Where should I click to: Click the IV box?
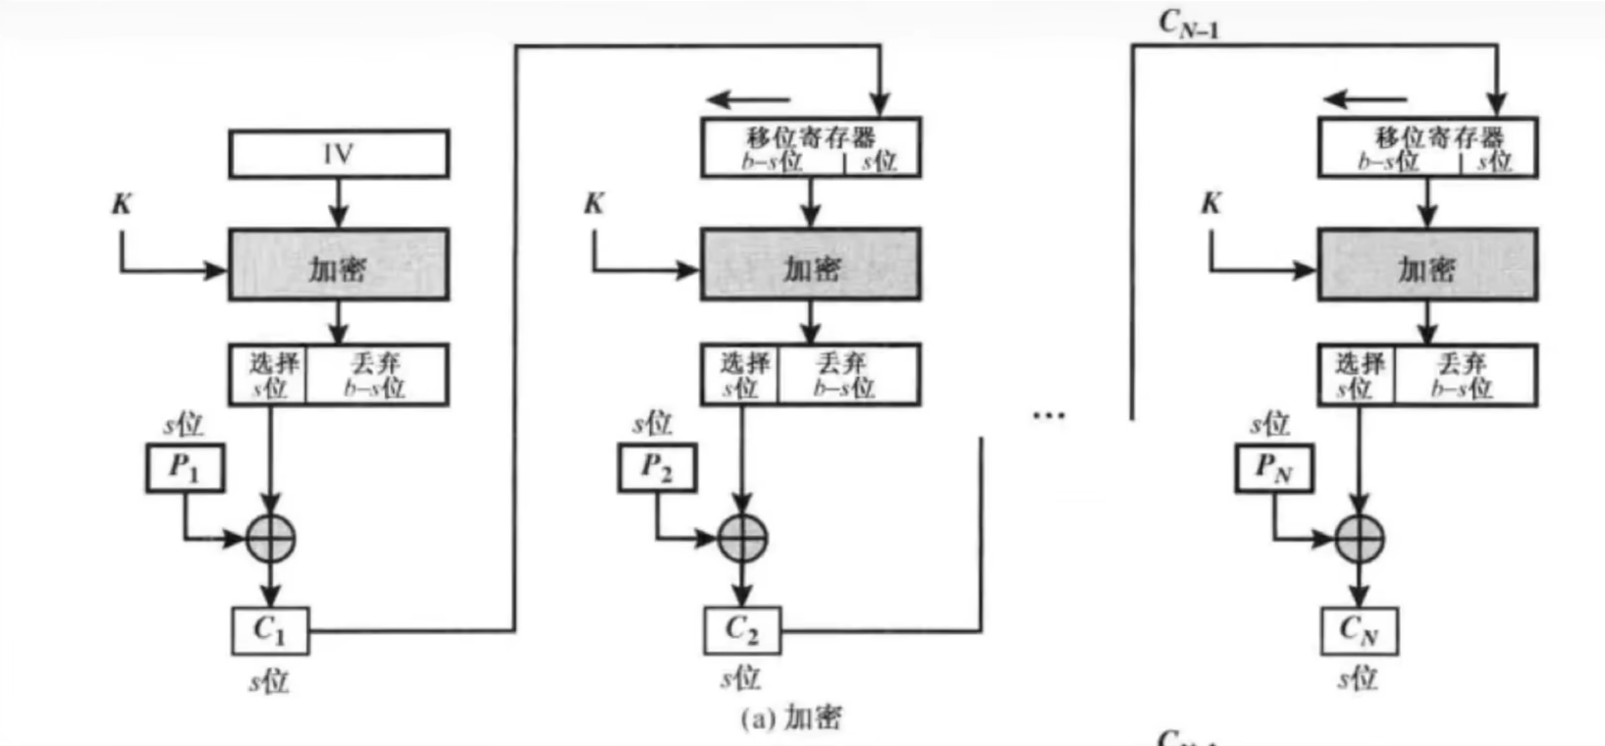339,154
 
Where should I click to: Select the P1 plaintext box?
185,467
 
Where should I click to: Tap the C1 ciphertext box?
270,630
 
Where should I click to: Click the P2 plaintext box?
657,467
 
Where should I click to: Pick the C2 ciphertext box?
742,630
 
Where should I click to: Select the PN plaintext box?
1273,467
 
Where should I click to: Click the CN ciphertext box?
1359,630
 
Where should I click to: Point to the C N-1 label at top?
1188,24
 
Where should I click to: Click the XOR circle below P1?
270,538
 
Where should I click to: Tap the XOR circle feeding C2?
742,538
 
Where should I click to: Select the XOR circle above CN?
1359,538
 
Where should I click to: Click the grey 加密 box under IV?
339,265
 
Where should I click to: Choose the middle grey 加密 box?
810,265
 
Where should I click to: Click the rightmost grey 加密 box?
1427,265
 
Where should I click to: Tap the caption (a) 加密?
791,719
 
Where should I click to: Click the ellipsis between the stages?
1048,416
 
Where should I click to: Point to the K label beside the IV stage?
122,204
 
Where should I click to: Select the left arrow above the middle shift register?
749,99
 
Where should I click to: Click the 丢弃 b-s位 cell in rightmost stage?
1463,375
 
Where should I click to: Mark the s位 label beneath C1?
268,680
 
